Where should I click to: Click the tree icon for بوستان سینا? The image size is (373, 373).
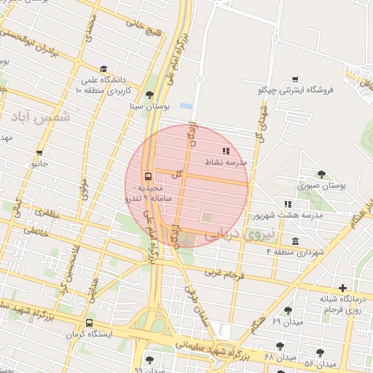[150, 94]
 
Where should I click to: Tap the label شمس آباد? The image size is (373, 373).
[44, 117]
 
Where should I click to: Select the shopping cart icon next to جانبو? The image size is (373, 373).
[39, 153]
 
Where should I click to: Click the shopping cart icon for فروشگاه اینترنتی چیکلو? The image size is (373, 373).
[295, 79]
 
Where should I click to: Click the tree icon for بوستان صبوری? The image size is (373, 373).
[321, 174]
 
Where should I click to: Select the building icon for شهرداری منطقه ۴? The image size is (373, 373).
[295, 241]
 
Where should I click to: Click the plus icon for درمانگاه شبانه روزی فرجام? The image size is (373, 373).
[343, 288]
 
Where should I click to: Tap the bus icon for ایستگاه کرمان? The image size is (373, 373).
[89, 323]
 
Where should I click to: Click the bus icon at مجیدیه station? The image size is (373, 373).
[149, 176]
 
